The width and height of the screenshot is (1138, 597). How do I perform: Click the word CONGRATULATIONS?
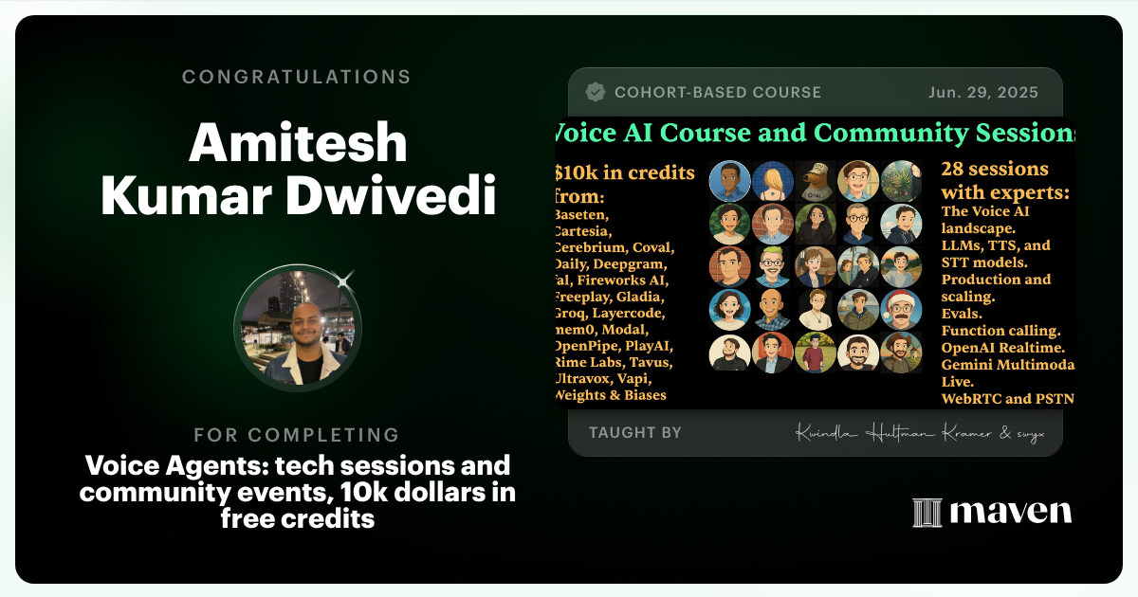[297, 77]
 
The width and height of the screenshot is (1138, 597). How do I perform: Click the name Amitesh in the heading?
[297, 145]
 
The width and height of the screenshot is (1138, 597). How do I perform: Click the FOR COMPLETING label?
[297, 435]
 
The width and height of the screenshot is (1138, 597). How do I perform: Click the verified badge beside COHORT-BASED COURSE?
[596, 93]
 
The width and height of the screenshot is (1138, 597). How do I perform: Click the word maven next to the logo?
[1011, 513]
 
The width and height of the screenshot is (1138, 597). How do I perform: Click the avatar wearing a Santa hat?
[901, 309]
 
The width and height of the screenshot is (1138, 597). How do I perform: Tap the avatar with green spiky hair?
[772, 267]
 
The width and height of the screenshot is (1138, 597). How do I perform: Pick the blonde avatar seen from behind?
[772, 181]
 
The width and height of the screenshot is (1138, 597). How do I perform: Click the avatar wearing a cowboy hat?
[901, 353]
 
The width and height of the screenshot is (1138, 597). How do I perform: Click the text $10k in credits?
[625, 172]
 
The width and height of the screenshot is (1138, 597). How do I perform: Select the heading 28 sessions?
[995, 170]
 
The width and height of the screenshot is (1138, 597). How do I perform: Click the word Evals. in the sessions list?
[962, 314]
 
